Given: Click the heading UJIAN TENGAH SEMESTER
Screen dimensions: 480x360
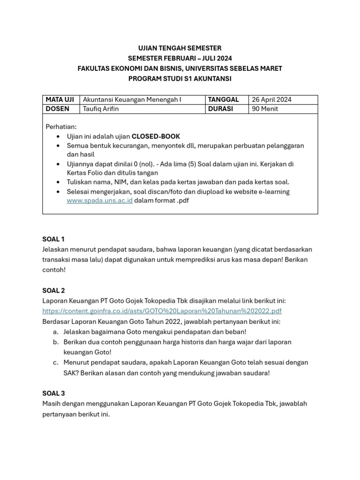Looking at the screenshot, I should pyautogui.click(x=180, y=48).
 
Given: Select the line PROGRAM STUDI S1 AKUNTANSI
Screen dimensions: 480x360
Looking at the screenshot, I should pyautogui.click(x=180, y=79).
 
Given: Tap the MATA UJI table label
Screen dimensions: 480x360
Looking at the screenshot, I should pyautogui.click(x=60, y=99).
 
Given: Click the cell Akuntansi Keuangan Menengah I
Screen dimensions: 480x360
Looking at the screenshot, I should pyautogui.click(x=132, y=99).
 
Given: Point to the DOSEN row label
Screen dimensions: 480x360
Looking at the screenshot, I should pyautogui.click(x=58, y=109).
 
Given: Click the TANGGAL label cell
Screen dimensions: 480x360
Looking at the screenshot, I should pyautogui.click(x=224, y=99).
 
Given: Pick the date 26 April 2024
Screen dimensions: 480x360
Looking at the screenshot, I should pyautogui.click(x=271, y=99).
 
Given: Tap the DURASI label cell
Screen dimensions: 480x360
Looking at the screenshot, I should pyautogui.click(x=222, y=109).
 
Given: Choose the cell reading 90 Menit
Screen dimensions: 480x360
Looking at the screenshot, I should pyautogui.click(x=265, y=109).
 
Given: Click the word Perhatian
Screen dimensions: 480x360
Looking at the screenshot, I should pyautogui.click(x=61, y=127).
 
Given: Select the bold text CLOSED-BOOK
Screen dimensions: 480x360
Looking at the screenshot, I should pyautogui.click(x=156, y=136).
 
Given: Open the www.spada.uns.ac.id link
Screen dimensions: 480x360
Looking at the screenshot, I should pyautogui.click(x=99, y=200).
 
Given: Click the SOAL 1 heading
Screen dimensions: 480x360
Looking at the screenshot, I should pyautogui.click(x=53, y=239).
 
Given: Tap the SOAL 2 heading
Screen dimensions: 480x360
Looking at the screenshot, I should pyautogui.click(x=53, y=291).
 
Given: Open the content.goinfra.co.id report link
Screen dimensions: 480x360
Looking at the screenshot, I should pyautogui.click(x=162, y=311).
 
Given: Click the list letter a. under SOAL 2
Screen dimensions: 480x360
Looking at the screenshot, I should pyautogui.click(x=55, y=331).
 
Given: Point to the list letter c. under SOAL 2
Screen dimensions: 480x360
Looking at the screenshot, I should pyautogui.click(x=55, y=362).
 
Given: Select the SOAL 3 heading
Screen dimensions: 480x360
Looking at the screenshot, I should pyautogui.click(x=53, y=393).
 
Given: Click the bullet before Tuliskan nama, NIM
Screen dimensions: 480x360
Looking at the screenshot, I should pyautogui.click(x=58, y=182).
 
